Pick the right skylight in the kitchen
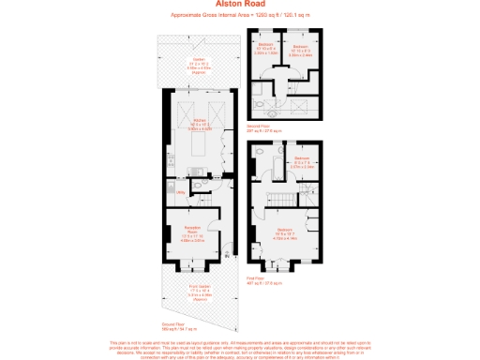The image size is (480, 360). [x=213, y=113]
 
